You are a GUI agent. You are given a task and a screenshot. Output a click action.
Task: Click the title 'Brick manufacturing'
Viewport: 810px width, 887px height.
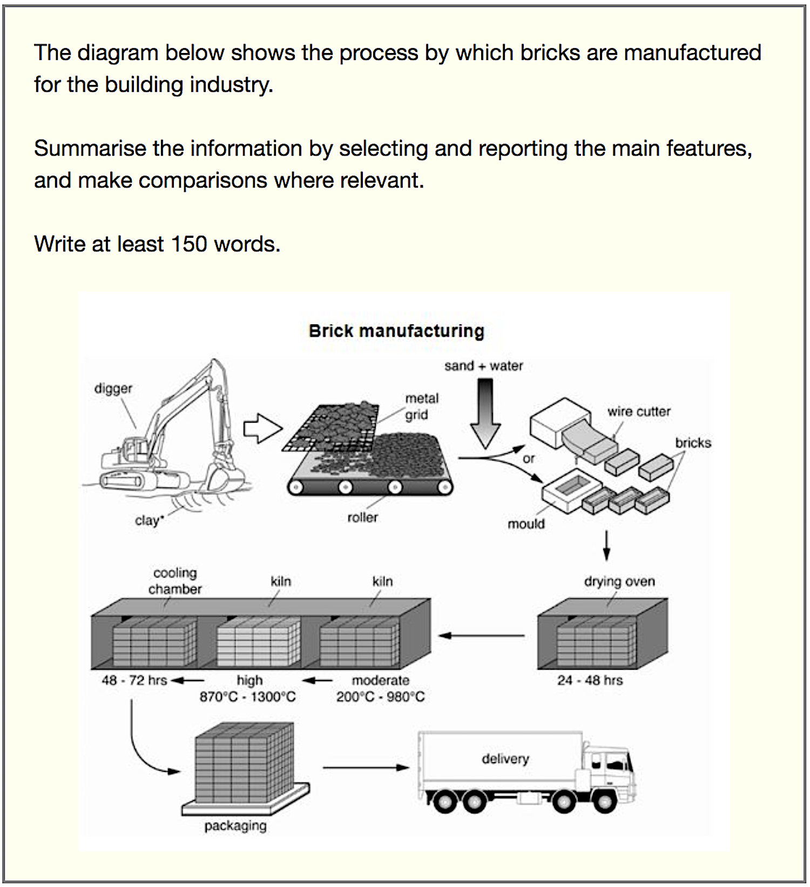click(x=396, y=331)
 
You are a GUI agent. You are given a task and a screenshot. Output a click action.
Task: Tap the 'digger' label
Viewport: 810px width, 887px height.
click(x=113, y=388)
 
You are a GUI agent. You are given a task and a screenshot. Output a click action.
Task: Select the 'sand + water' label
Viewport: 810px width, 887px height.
click(x=483, y=366)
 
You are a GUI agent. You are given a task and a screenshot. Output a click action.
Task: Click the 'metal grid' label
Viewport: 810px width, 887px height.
click(x=421, y=406)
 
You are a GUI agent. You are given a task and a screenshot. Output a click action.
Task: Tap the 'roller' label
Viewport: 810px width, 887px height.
click(x=362, y=517)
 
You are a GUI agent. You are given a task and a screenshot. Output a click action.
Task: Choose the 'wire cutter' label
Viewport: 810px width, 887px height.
click(x=639, y=411)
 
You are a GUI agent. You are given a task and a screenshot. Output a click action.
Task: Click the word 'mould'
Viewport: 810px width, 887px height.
click(x=526, y=523)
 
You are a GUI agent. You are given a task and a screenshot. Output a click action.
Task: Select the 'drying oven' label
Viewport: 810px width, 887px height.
click(x=619, y=582)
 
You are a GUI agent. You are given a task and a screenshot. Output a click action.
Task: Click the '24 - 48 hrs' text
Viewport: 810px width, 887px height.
click(x=590, y=680)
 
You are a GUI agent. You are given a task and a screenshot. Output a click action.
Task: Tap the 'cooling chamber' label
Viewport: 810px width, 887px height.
click(x=175, y=581)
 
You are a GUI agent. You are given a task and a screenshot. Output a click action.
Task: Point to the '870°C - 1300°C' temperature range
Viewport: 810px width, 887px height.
click(x=247, y=697)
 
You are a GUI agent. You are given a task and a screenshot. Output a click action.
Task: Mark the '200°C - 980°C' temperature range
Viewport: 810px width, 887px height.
click(x=380, y=697)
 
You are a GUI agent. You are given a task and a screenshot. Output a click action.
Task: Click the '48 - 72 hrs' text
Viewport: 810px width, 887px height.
click(x=134, y=680)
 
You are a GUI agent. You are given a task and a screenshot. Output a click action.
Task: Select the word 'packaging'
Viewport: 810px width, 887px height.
click(x=235, y=825)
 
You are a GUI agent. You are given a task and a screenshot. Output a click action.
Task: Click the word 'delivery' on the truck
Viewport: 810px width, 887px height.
click(x=505, y=758)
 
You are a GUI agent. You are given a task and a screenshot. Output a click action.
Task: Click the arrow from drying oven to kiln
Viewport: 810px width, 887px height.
click(x=481, y=636)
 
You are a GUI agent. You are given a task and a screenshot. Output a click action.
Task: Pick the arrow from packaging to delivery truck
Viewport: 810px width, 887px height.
click(x=366, y=767)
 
